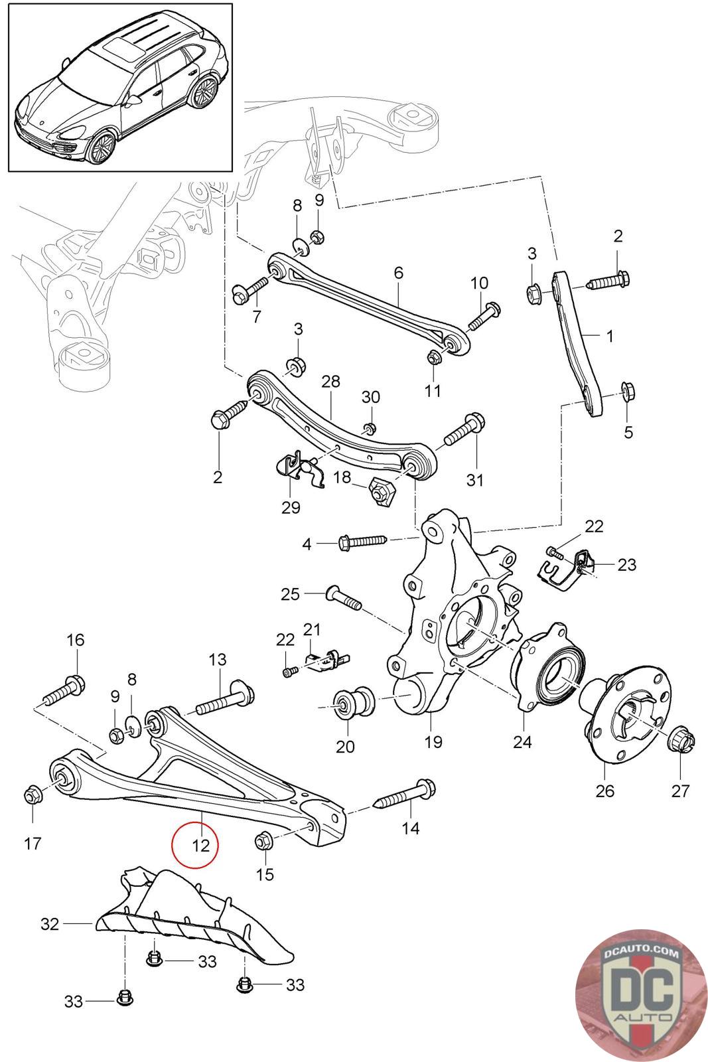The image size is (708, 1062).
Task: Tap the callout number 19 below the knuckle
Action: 433,741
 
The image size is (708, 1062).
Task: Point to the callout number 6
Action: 398,272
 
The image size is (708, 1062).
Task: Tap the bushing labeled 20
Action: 354,703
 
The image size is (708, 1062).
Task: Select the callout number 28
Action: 330,381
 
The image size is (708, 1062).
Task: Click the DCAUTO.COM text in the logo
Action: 641,952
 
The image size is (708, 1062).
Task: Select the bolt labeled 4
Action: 363,542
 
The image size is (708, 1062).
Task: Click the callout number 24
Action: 522,741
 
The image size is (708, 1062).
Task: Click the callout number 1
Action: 610,336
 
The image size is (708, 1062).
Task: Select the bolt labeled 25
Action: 344,598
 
